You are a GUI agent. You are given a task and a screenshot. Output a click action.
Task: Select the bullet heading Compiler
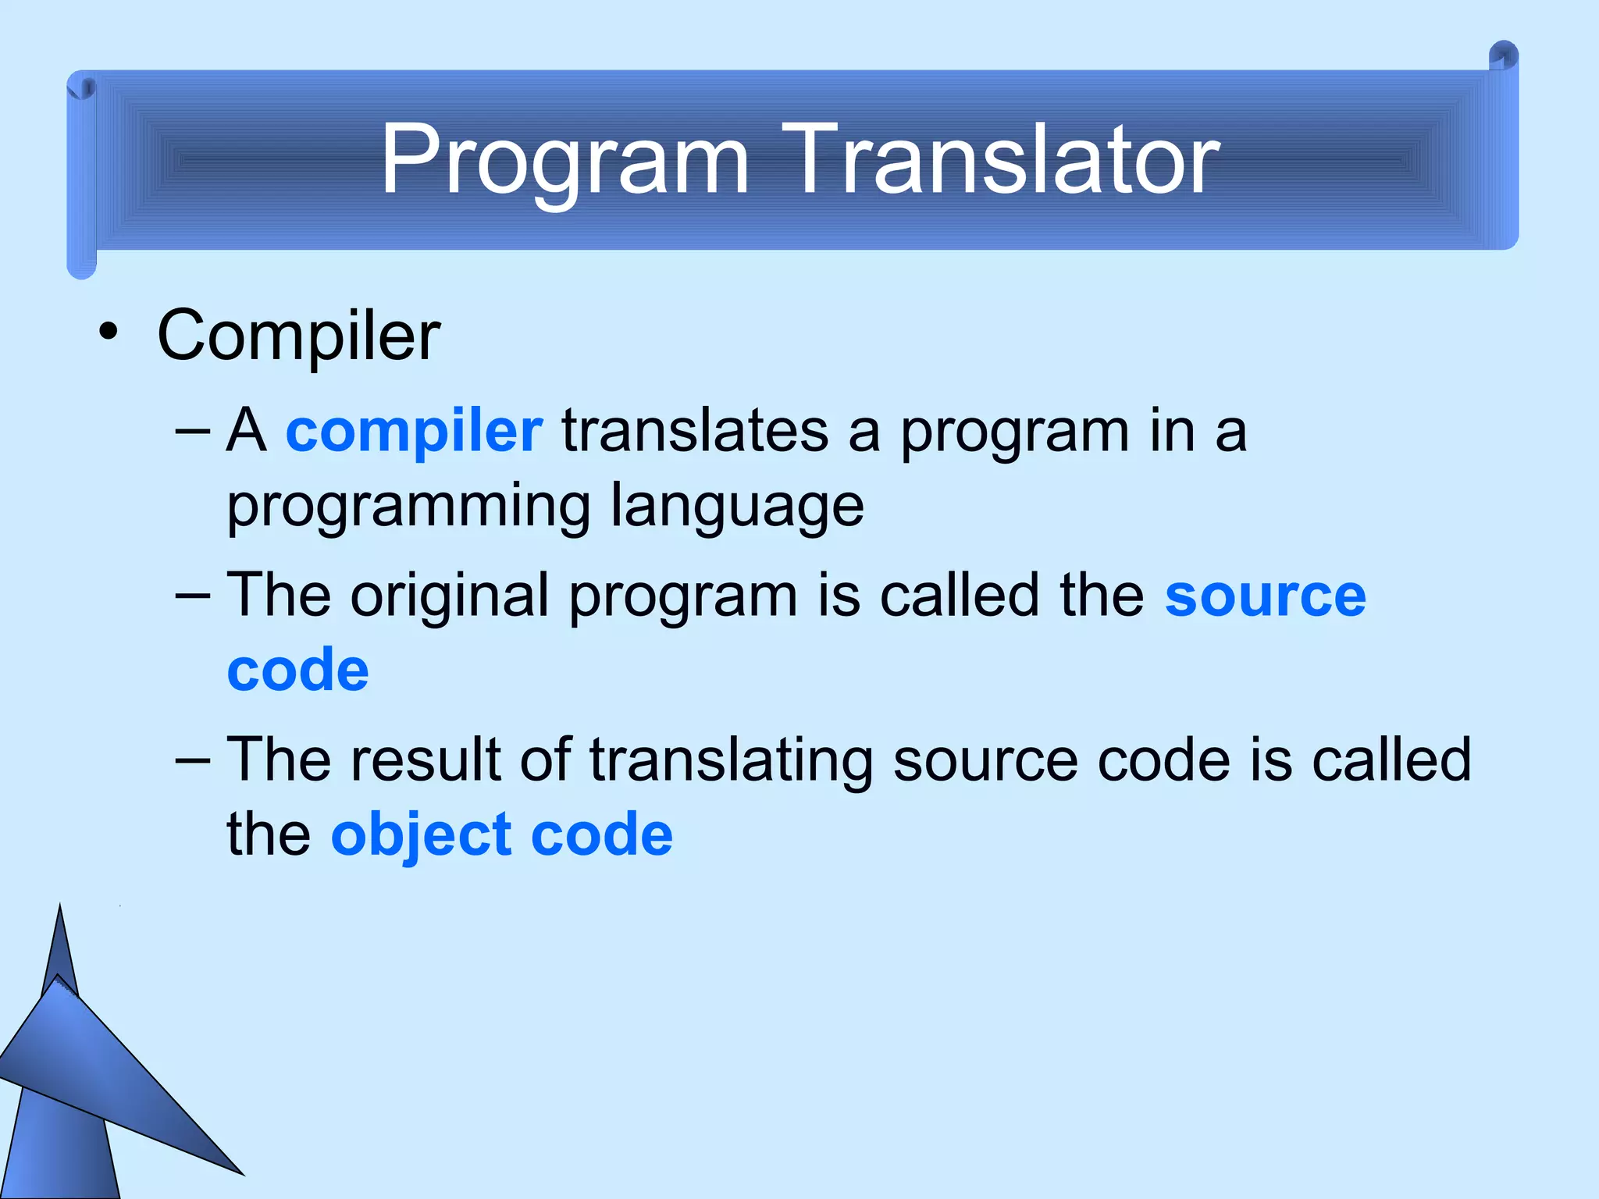(x=298, y=336)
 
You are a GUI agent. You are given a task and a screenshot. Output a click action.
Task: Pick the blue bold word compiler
(x=414, y=432)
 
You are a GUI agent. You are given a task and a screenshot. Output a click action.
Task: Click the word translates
(x=695, y=432)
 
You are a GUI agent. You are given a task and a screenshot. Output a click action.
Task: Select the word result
(x=426, y=760)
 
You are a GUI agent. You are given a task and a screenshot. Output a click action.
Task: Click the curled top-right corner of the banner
(x=1503, y=57)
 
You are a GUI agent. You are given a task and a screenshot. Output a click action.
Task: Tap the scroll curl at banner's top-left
(x=81, y=88)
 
